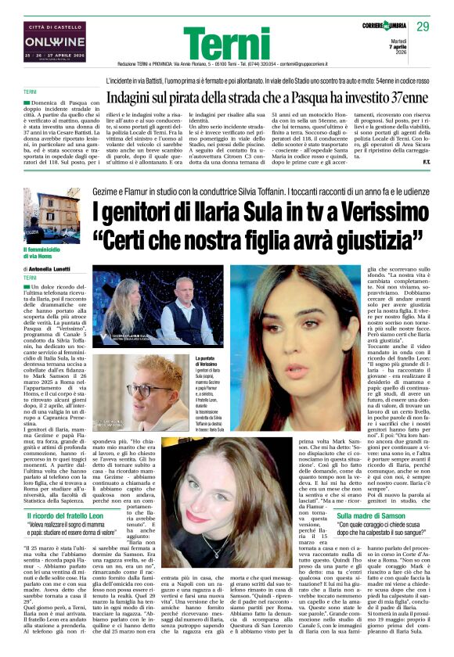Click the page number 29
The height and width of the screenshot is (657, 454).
[x=423, y=27]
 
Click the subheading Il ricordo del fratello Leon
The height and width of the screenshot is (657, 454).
[x=71, y=517]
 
